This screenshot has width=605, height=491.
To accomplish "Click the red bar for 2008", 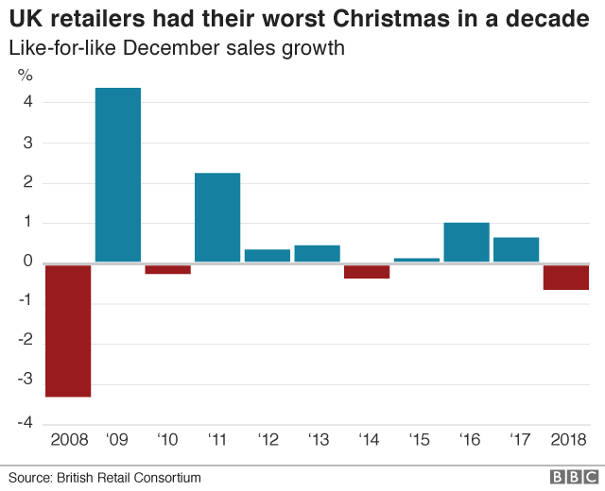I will tap(68, 330).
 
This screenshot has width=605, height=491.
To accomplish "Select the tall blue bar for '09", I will tap(118, 175).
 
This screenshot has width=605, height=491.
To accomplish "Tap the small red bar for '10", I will tap(167, 269).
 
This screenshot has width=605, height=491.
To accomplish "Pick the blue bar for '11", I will tap(217, 217).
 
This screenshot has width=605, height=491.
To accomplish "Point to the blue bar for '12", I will tap(268, 256).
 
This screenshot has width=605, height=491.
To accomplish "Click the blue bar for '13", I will tap(317, 254).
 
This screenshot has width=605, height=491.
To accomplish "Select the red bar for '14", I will tap(367, 272).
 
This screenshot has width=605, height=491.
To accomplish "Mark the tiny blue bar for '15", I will tap(417, 260).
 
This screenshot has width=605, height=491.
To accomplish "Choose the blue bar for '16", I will tap(466, 243).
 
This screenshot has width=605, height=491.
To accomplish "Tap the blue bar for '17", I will tap(516, 250).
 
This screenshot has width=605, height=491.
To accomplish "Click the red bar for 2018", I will tap(565, 277).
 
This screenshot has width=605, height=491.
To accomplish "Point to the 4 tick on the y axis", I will tap(28, 103).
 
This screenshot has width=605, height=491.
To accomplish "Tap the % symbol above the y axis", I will tap(26, 76).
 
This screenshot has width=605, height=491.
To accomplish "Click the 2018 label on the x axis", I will tap(568, 439).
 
